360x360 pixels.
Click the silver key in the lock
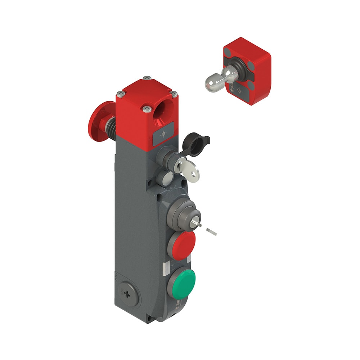[x=189, y=169]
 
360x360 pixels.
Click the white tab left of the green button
[x=165, y=268]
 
